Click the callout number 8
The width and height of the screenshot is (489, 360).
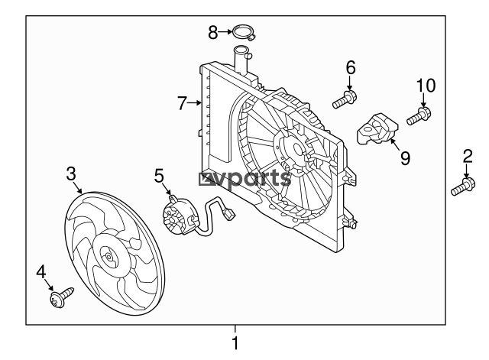click(212, 32)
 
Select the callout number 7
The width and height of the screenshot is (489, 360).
click(182, 103)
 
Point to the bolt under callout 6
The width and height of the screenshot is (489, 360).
click(345, 99)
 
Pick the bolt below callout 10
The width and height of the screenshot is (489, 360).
click(419, 116)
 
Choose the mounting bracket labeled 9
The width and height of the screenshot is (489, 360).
click(377, 128)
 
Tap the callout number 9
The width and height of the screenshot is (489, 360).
click(405, 158)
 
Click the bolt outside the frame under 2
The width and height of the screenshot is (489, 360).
click(463, 186)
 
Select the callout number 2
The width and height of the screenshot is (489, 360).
click(468, 156)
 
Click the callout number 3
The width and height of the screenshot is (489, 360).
click(71, 174)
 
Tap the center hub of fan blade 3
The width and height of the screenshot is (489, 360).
click(108, 257)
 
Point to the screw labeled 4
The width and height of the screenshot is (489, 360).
click(62, 297)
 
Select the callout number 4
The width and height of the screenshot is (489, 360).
click(40, 271)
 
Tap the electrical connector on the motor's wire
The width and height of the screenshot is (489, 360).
click(230, 215)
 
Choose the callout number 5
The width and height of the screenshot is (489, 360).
click(159, 176)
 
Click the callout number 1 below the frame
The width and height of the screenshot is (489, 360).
click(235, 343)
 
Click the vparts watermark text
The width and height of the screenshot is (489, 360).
click(244, 179)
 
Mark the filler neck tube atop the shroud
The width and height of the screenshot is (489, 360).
click(241, 61)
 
